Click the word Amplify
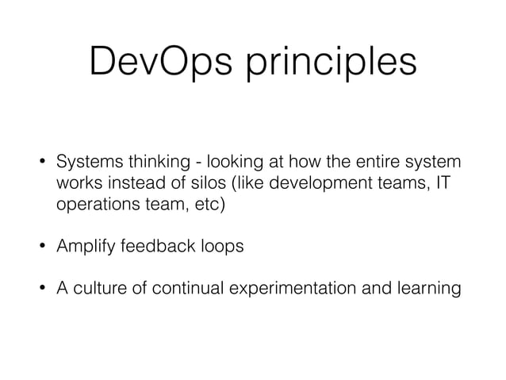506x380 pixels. tap(84, 247)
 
